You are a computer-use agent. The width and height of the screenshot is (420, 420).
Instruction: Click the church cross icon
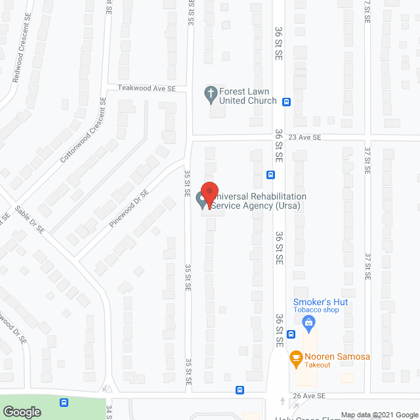pyautogui.click(x=211, y=94)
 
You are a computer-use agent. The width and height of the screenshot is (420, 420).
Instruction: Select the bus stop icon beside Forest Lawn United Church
pyautogui.click(x=286, y=102)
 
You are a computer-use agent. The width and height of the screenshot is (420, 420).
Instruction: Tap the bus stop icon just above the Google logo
pyautogui.click(x=64, y=402)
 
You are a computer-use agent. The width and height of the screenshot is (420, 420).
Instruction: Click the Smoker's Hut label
pyautogui.click(x=320, y=302)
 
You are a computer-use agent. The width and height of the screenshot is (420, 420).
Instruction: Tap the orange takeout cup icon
pyautogui.click(x=295, y=358)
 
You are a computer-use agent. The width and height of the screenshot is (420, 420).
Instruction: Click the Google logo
pyautogui.click(x=21, y=412)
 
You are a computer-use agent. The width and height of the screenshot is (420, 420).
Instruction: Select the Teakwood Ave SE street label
pyautogui.click(x=147, y=88)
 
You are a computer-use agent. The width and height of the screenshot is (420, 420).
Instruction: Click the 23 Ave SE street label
pyautogui.click(x=304, y=138)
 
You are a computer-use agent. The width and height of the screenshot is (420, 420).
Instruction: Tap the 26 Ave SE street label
pyautogui.click(x=309, y=396)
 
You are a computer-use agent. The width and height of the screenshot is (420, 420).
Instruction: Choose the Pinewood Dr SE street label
pyautogui.click(x=129, y=209)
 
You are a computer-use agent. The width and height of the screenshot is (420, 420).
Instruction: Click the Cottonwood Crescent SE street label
pyautogui.click(x=83, y=131)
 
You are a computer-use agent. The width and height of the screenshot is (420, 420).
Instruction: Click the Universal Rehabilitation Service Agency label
pyautogui.click(x=260, y=201)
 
